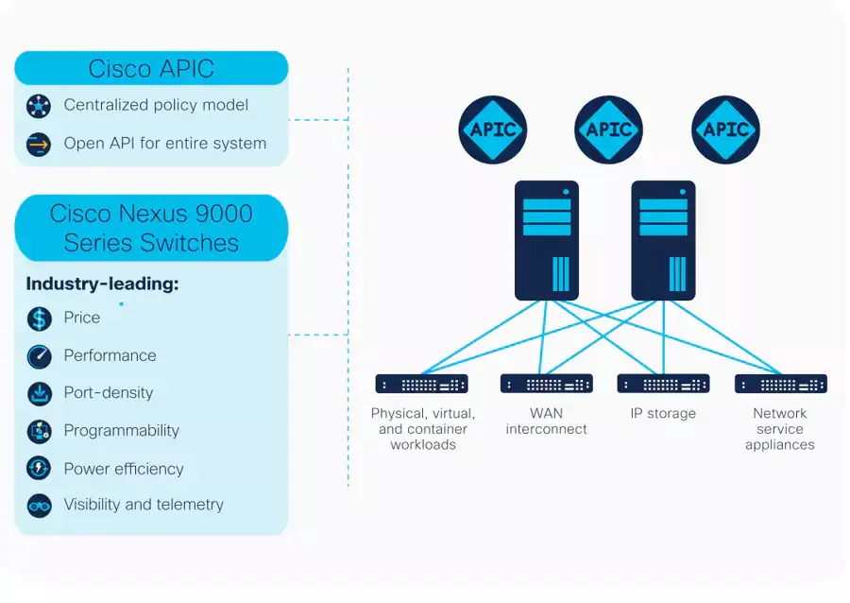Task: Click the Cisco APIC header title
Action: tap(151, 69)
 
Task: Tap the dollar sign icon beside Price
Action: tap(39, 319)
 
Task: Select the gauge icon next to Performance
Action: tap(39, 356)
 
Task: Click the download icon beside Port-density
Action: tap(39, 394)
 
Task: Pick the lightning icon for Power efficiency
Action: tap(39, 468)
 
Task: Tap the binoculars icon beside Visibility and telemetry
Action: tap(39, 506)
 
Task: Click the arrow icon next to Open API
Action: tap(39, 145)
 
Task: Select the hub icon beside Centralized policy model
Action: tap(39, 106)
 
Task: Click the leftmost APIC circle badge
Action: tap(493, 129)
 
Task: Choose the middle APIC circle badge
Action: tap(609, 129)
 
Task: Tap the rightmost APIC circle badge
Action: tap(725, 129)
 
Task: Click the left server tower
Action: tap(547, 240)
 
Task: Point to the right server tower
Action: tap(663, 240)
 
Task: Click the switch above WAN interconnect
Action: tap(547, 384)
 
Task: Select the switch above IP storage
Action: tap(663, 384)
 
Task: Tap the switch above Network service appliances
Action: tap(781, 384)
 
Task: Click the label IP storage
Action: tap(663, 414)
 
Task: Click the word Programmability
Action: tap(122, 431)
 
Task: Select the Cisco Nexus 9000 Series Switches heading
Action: tap(151, 229)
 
